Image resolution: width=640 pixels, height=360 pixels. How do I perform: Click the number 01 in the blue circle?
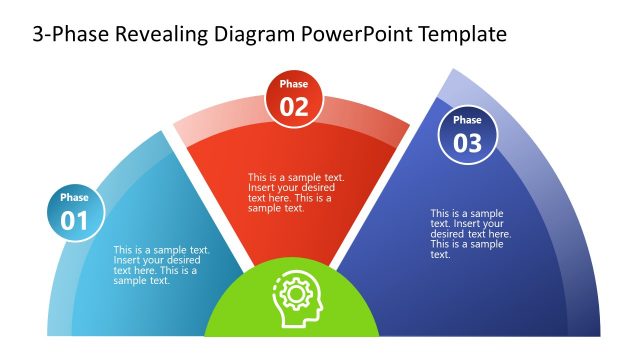coord(74,220)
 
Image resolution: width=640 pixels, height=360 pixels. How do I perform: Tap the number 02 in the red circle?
coord(294,107)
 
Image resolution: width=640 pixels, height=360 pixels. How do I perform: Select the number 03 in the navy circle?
coord(467,142)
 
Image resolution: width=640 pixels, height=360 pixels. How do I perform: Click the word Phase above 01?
coord(74,198)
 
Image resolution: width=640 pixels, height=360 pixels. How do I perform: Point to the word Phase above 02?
coord(294,85)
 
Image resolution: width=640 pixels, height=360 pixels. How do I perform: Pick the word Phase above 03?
coord(467,120)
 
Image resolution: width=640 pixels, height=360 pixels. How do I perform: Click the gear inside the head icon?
coord(294,293)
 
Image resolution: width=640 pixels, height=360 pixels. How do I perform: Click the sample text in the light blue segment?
coord(161,266)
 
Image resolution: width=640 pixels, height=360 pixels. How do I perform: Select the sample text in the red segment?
coord(296,193)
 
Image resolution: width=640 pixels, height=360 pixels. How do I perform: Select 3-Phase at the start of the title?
coord(69,35)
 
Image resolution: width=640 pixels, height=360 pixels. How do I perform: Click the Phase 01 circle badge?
coord(74,211)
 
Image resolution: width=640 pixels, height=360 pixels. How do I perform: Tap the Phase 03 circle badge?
coord(467,133)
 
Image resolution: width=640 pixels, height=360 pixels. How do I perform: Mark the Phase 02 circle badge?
coord(294,98)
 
